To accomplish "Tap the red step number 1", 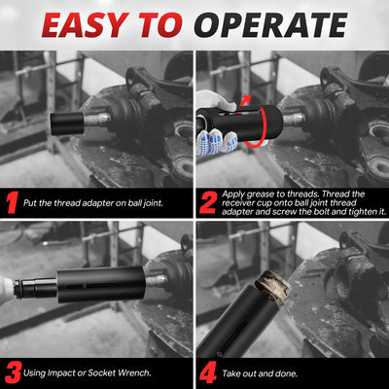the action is pyautogui.click(x=12, y=202).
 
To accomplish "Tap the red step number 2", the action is pyautogui.click(x=208, y=203).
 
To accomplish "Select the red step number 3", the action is pyautogui.click(x=13, y=372).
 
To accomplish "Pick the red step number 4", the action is pyautogui.click(x=208, y=372).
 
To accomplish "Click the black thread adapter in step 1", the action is pyautogui.click(x=67, y=124).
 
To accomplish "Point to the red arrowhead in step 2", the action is pyautogui.click(x=247, y=99).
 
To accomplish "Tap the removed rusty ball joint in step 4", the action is pyautogui.click(x=272, y=288).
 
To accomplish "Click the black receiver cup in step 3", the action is pyautogui.click(x=101, y=285).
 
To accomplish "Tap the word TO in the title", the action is pyautogui.click(x=160, y=25).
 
